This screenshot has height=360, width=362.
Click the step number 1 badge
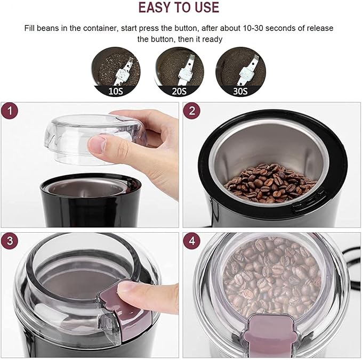10,111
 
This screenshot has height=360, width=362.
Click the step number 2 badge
191,111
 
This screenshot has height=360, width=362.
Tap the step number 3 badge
10,241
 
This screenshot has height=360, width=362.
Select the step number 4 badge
191,241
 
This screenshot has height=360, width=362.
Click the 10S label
116,91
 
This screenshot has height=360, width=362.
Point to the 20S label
179,91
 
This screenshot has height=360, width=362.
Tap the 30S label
240,91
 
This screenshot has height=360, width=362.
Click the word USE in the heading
206,7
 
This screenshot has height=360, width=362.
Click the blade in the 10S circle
122,72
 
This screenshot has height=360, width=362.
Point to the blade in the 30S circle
247,70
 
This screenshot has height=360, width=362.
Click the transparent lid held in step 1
95,139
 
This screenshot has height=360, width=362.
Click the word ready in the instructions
212,39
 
